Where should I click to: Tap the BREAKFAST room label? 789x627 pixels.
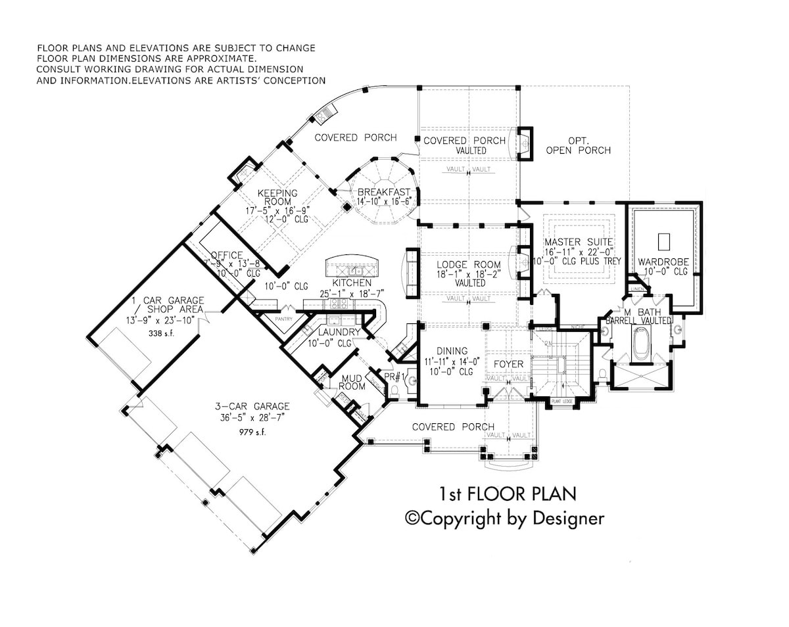(x=384, y=193)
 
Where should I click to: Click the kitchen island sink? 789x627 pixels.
(x=356, y=271)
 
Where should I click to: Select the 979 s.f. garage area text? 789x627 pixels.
(x=256, y=433)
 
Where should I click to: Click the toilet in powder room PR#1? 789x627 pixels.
(x=394, y=390)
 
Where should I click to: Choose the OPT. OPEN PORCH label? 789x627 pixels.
(x=578, y=145)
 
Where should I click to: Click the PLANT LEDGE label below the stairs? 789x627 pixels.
(x=564, y=401)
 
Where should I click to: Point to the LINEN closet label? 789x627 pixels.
(x=636, y=289)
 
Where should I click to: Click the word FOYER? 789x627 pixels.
(x=508, y=364)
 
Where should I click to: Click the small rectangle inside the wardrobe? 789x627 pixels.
(x=663, y=241)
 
